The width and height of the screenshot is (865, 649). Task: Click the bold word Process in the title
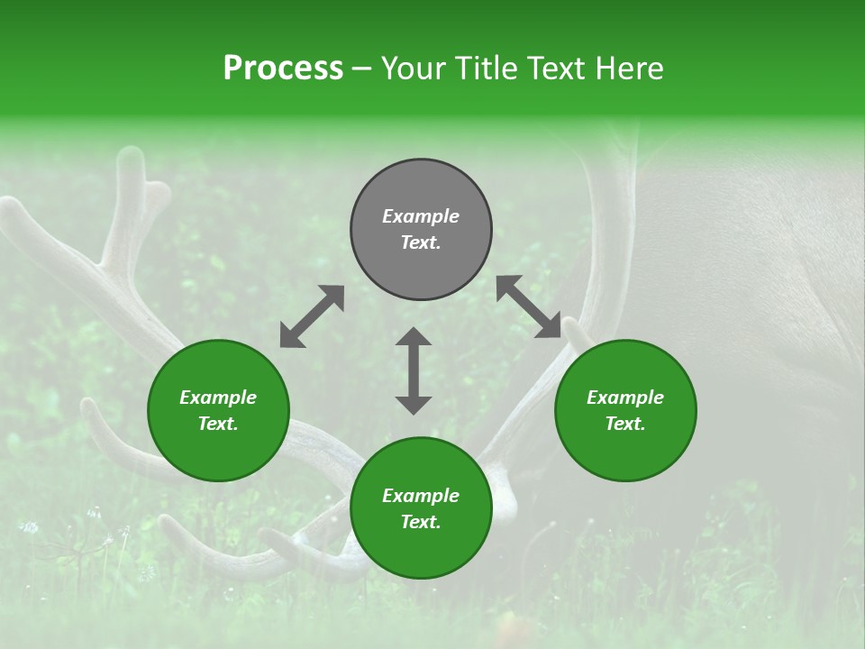[x=283, y=69]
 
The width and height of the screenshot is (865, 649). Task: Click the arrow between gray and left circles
[x=312, y=316]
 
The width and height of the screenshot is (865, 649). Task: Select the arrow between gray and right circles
[x=529, y=307]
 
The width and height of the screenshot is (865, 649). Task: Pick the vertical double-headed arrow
[x=414, y=370]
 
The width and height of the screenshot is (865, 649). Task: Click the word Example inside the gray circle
[x=421, y=216]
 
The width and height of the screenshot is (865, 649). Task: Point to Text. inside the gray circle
[x=421, y=242]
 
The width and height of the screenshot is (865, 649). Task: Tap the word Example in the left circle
[x=218, y=398]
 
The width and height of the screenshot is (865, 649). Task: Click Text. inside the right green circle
[x=625, y=424]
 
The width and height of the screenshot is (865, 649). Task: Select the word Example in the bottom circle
[x=421, y=496]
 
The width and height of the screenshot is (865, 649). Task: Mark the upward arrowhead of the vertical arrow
[x=414, y=337]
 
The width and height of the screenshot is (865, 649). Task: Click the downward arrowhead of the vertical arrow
[x=414, y=404]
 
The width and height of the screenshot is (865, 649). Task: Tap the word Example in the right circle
[x=625, y=398]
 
